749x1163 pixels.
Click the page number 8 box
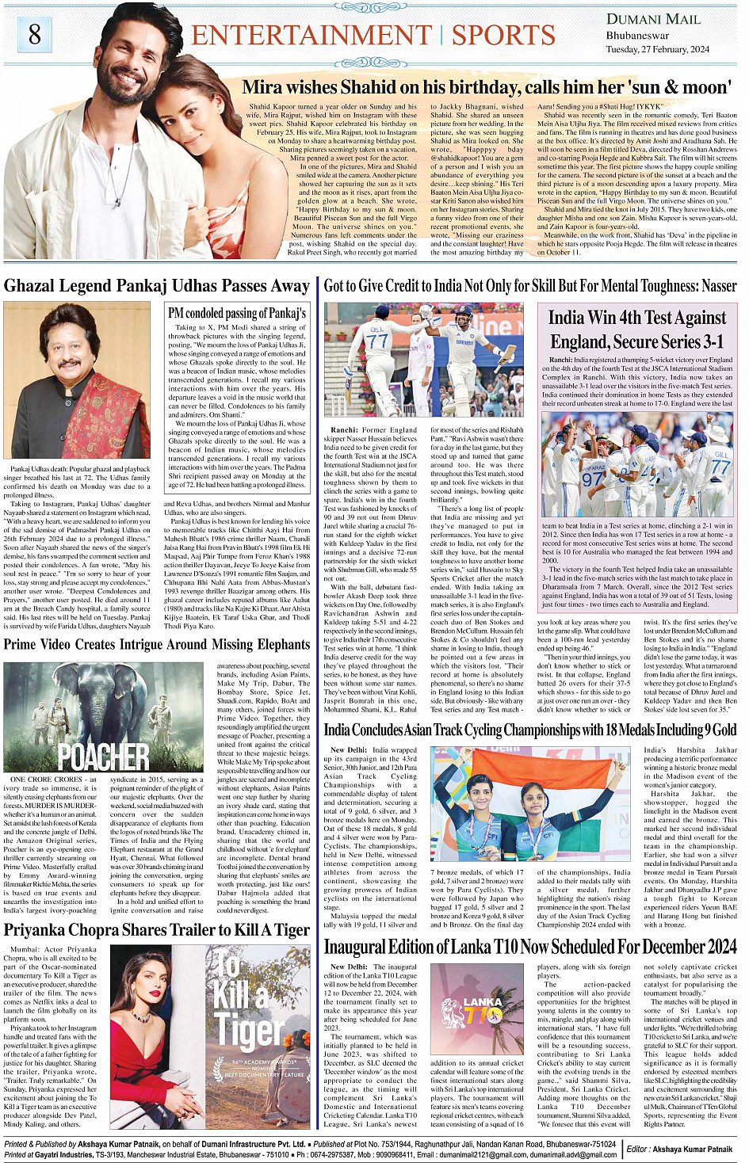pos(34,34)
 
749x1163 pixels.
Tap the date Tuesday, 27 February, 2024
pos(657,49)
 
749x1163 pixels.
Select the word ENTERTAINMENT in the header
pos(311,36)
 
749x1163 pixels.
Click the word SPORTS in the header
pos(503,36)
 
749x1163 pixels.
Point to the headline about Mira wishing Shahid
pos(485,87)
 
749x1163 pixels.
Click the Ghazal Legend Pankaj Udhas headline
pos(157,286)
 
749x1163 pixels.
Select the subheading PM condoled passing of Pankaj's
pos(236,313)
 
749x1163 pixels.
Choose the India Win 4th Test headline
pos(636,329)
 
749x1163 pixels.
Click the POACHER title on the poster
pos(103,756)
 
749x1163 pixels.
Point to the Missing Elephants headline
pos(157,644)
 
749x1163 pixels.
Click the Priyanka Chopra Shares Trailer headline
pos(157,929)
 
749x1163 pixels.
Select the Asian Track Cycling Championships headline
pos(529,730)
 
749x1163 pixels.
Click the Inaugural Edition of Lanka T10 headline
pos(529,947)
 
